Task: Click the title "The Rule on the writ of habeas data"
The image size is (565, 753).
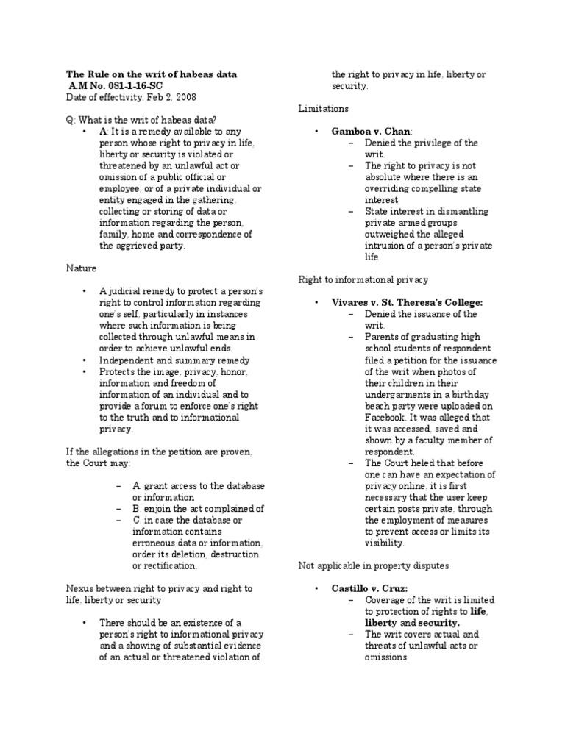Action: tap(152, 75)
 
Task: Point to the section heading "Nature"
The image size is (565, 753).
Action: tap(80, 269)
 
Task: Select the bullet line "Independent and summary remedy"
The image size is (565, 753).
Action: tap(175, 360)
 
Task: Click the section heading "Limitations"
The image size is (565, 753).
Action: tap(323, 108)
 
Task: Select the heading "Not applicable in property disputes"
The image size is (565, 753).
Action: tap(373, 565)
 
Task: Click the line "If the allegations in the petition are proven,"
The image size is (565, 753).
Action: tap(160, 452)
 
